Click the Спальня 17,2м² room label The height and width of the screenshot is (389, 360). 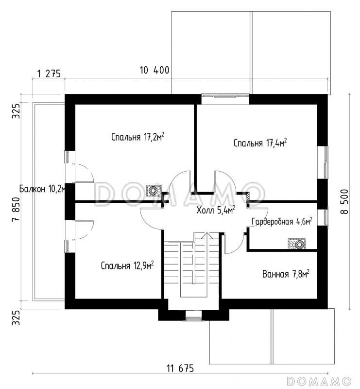pyautogui.click(x=137, y=137)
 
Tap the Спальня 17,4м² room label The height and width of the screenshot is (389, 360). pyautogui.click(x=260, y=142)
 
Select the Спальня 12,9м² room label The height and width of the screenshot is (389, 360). pyautogui.click(x=127, y=265)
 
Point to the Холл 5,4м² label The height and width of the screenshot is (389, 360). pyautogui.click(x=216, y=211)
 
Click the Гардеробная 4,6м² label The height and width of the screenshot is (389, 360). pyautogui.click(x=282, y=221)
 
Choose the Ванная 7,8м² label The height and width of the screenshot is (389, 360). pyautogui.click(x=286, y=274)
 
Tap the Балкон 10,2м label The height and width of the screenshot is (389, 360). pyautogui.click(x=42, y=189)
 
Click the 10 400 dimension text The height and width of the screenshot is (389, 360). pyautogui.click(x=154, y=70)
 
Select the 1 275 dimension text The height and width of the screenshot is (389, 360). pyautogui.click(x=49, y=74)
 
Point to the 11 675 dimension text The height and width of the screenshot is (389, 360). pyautogui.click(x=180, y=369)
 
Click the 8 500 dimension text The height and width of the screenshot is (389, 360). pyautogui.click(x=344, y=201)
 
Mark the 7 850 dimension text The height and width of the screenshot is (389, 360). pyautogui.click(x=16, y=209)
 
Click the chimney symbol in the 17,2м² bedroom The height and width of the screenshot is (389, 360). pyautogui.click(x=154, y=191)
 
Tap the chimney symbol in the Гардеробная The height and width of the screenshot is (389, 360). pyautogui.click(x=296, y=244)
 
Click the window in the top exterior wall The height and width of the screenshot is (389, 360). pyautogui.click(x=225, y=95)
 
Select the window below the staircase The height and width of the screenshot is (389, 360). pyautogui.click(x=194, y=319)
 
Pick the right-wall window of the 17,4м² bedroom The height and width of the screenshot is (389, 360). pyautogui.click(x=326, y=162)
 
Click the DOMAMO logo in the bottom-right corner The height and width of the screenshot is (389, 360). pyautogui.click(x=319, y=381)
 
